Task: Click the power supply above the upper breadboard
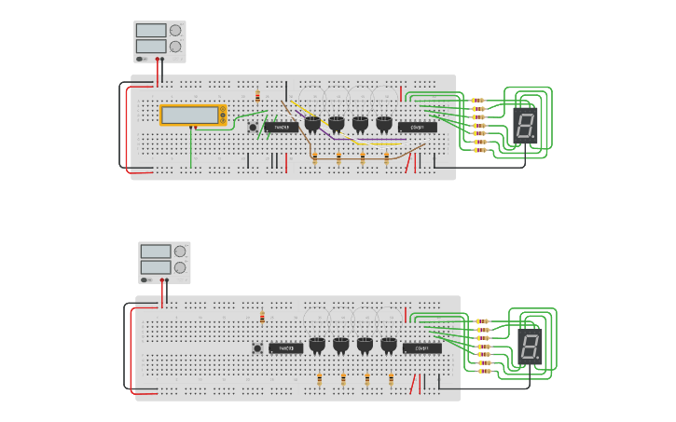click(159, 41)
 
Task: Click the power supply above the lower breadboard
click(164, 262)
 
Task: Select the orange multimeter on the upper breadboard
click(193, 115)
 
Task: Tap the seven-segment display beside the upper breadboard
click(525, 125)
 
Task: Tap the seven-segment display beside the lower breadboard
click(530, 346)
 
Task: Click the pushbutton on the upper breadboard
click(253, 127)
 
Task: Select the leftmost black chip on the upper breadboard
click(282, 127)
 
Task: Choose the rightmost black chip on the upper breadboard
click(417, 127)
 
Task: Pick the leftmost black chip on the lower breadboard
click(286, 348)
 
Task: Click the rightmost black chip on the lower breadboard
click(421, 348)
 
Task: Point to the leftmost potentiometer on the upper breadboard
click(311, 123)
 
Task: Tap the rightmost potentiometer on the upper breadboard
click(383, 123)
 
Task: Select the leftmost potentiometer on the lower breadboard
click(317, 345)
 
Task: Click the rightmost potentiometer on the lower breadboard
click(389, 345)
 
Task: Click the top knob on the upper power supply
click(174, 30)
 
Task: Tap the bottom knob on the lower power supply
click(179, 267)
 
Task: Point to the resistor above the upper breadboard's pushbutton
click(257, 97)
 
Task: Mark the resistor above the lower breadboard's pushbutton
click(262, 318)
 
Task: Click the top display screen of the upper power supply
click(151, 30)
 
